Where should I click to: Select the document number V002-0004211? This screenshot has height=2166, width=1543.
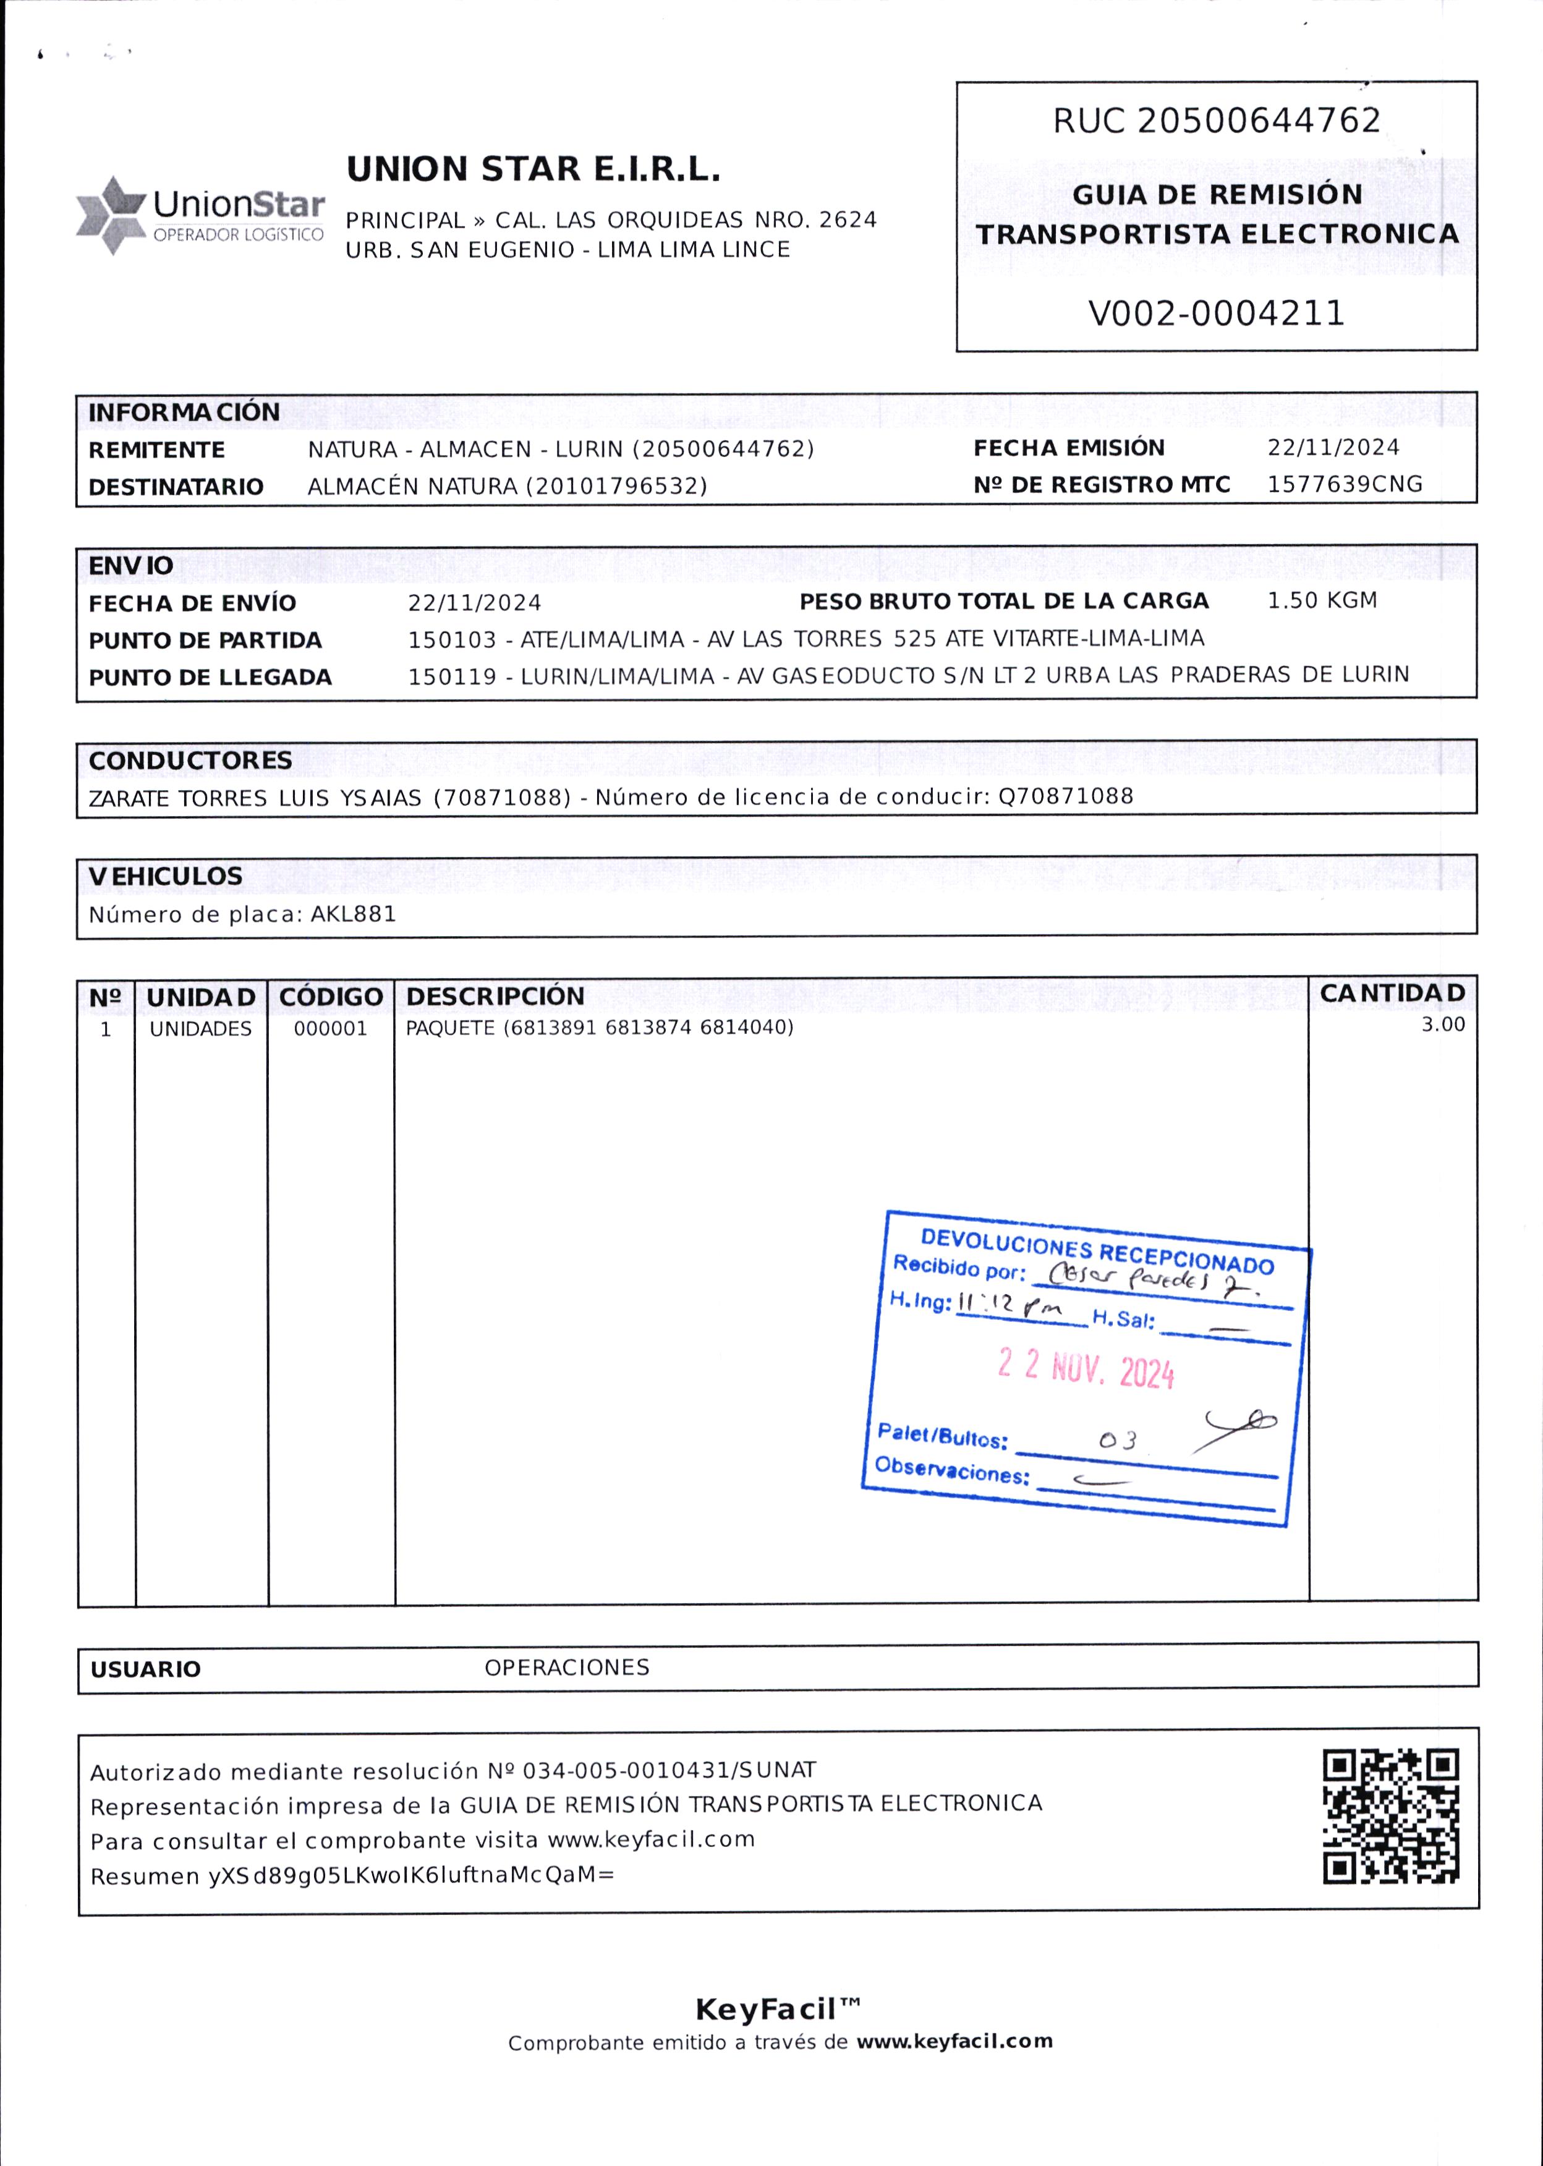(x=1216, y=313)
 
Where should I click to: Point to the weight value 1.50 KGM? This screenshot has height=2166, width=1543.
(x=1322, y=600)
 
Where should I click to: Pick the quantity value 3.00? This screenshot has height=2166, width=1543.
(x=1442, y=1025)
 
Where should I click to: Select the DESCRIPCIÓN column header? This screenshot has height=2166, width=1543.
(x=495, y=996)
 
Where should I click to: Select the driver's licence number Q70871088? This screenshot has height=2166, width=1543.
(x=1065, y=796)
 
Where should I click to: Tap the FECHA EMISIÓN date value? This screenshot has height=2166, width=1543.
(x=1333, y=448)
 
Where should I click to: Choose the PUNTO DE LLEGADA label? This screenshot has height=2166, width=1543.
(x=210, y=678)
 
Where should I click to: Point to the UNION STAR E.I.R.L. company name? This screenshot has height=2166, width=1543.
(x=533, y=169)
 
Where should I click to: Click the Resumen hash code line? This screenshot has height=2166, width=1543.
(x=352, y=1876)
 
